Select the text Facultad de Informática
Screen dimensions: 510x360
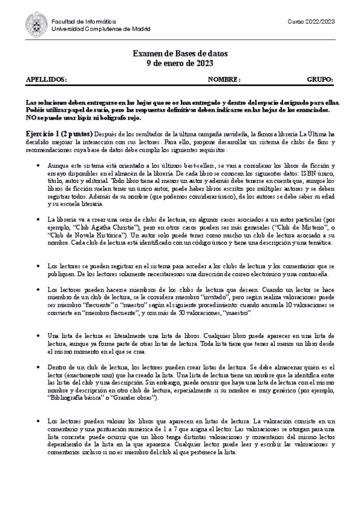(x=76, y=21)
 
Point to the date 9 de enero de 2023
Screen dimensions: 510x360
(x=180, y=63)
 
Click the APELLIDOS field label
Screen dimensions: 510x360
(x=46, y=79)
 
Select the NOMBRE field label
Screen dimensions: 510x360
(x=224, y=79)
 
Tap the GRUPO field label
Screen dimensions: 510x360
(x=320, y=79)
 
